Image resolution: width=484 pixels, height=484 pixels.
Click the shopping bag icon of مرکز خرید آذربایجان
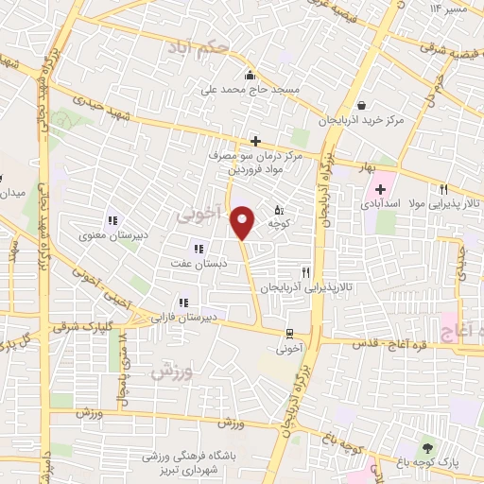tap(364, 106)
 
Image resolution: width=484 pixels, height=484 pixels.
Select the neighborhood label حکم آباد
tap(196, 46)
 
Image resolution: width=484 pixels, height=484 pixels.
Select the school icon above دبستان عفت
tap(198, 248)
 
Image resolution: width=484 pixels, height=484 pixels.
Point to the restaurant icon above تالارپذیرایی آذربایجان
tap(305, 269)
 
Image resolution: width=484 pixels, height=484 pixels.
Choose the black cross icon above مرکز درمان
tap(255, 141)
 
